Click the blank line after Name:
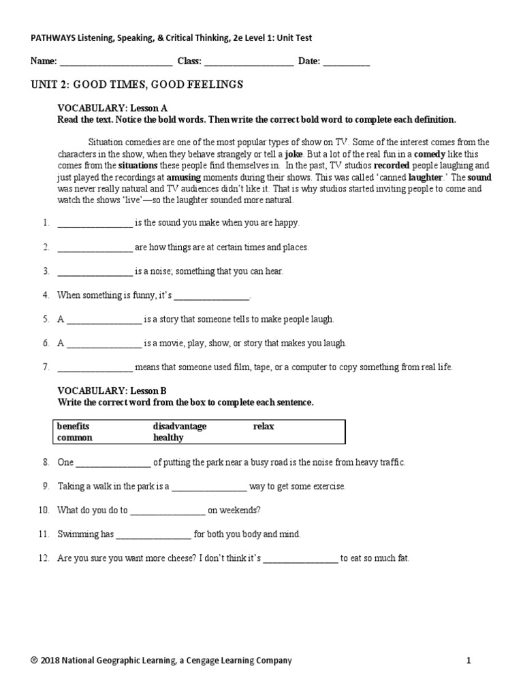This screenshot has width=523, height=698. (115, 62)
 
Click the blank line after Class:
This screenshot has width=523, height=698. (249, 62)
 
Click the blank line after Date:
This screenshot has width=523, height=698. (346, 62)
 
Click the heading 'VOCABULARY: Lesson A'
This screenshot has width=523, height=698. (112, 108)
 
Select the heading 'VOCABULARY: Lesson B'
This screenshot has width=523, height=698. (112, 391)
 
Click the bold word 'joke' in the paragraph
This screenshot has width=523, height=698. (294, 154)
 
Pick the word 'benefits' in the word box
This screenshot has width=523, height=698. (73, 427)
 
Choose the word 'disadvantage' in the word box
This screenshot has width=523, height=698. (179, 427)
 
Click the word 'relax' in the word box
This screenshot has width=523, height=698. (264, 427)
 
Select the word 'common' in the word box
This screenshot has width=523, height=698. (74, 438)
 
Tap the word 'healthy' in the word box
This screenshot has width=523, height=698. (168, 438)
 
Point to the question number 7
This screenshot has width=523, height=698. (46, 367)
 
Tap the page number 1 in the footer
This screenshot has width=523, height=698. (469, 661)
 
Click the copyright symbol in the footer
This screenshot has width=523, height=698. (34, 661)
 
